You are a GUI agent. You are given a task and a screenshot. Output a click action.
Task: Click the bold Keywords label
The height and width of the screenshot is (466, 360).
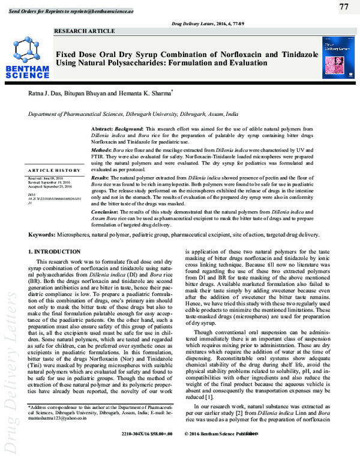coord(45,235)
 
